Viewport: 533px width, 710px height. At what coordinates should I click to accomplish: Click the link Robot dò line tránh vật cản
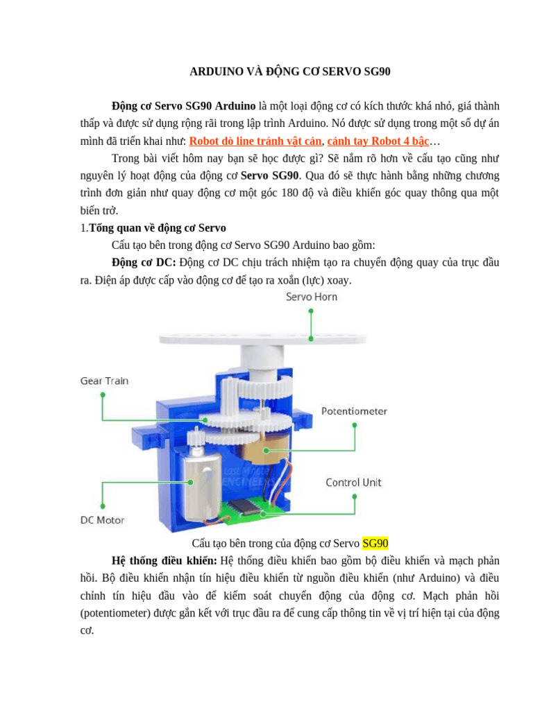pyautogui.click(x=255, y=141)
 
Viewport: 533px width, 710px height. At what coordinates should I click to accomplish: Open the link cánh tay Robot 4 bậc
pyautogui.click(x=378, y=141)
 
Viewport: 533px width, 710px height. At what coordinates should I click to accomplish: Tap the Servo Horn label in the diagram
pyautogui.click(x=312, y=297)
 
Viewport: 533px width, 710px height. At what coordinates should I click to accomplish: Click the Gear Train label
pyautogui.click(x=104, y=381)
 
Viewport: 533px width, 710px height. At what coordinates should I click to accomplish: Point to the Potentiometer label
pyautogui.click(x=354, y=411)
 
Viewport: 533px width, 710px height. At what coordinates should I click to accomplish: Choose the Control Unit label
pyautogui.click(x=353, y=482)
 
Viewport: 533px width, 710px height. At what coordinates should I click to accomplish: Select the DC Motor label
pyautogui.click(x=104, y=519)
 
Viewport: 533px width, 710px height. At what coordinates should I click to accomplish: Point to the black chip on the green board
pyautogui.click(x=245, y=506)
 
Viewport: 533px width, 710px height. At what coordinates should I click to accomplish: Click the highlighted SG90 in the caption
pyautogui.click(x=375, y=542)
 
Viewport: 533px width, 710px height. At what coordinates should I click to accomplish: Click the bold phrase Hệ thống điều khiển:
pyautogui.click(x=164, y=560)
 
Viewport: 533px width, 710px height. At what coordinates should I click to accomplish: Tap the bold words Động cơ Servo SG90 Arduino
pyautogui.click(x=183, y=106)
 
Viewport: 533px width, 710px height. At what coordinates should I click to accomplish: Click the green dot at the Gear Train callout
pyautogui.click(x=103, y=395)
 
